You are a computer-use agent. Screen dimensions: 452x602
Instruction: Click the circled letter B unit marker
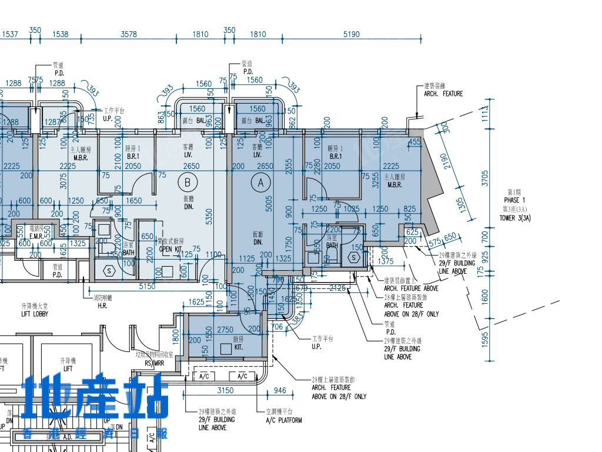188,182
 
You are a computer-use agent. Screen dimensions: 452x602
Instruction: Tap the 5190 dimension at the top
351,34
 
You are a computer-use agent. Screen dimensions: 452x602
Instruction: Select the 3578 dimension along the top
129,34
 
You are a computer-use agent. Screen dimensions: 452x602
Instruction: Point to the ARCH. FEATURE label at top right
443,94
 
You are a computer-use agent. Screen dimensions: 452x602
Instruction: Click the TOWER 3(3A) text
514,218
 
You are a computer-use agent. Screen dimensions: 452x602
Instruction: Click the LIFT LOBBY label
35,314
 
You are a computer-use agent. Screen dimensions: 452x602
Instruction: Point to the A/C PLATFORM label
284,420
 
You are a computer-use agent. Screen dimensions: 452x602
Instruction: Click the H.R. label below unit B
102,305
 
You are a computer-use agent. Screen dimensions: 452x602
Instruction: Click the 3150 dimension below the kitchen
225,390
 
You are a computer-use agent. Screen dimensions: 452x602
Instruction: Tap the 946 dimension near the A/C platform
280,390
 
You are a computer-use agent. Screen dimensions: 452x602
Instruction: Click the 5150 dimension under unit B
147,286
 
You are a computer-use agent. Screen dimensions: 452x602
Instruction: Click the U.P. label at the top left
108,118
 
